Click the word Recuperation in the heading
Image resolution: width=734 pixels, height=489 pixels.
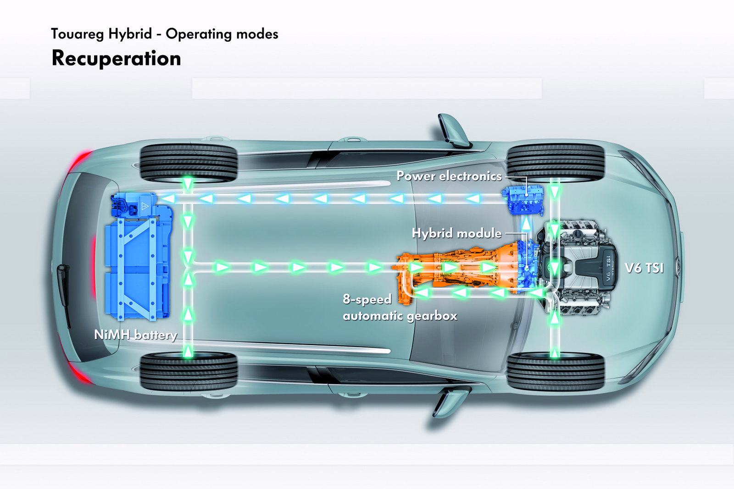coord(116,59)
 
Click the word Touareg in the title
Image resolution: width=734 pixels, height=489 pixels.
coord(76,34)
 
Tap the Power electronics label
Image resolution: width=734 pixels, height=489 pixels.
coord(449,176)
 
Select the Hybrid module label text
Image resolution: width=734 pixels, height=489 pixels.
coord(456,233)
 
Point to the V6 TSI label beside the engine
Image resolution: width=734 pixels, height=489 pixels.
coord(644,268)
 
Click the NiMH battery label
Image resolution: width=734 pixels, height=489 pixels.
coord(135,335)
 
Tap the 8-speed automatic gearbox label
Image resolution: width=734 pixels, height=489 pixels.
coord(400,308)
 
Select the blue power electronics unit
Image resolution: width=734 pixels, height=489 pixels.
coord(526,199)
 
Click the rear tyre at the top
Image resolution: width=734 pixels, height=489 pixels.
coord(188,163)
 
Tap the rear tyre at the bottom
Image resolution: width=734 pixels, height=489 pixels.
coord(188,372)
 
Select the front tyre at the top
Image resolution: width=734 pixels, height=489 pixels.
coord(555,163)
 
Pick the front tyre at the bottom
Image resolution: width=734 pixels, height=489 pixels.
coord(555,372)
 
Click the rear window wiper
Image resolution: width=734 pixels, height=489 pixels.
coord(64,293)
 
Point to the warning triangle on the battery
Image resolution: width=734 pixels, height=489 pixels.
coord(145,206)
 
